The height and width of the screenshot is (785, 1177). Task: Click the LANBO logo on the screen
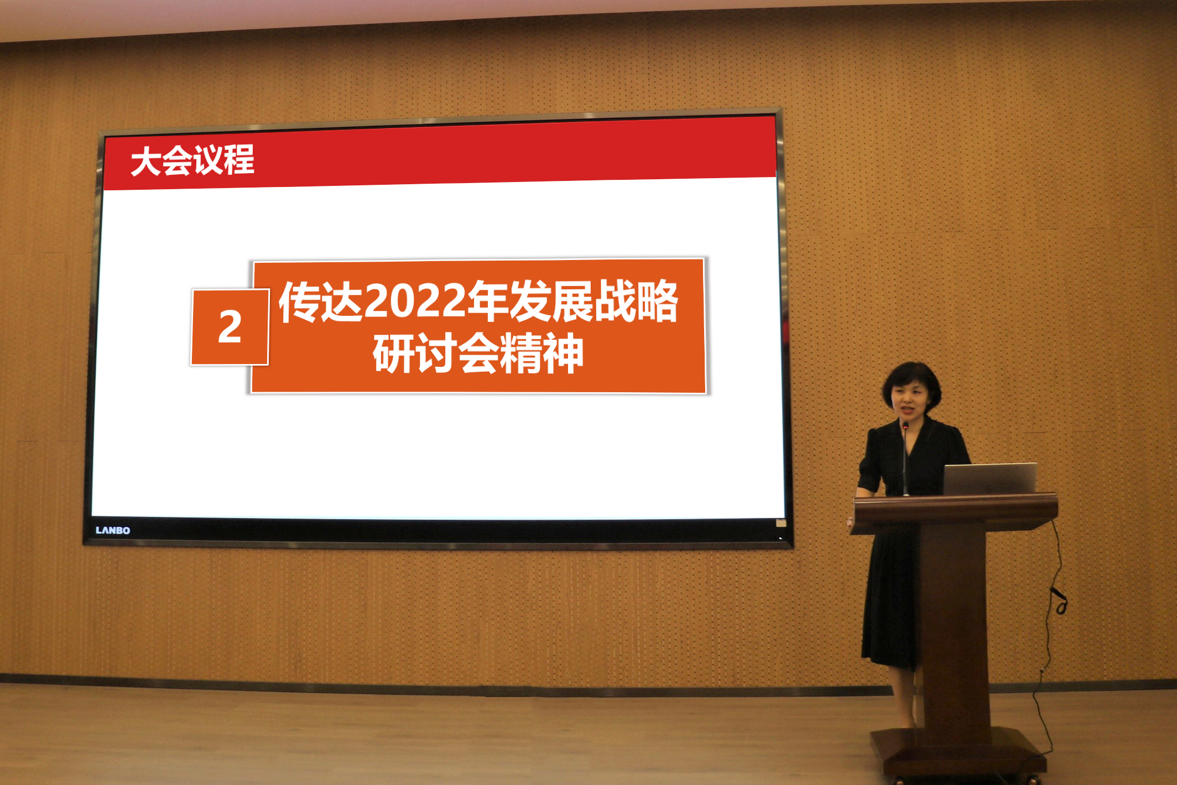113,530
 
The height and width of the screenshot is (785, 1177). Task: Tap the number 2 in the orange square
230,326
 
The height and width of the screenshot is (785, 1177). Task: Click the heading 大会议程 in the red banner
192,160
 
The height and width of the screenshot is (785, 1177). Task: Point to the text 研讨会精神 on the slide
478,353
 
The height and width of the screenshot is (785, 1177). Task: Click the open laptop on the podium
990,479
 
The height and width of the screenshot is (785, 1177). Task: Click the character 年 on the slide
488,301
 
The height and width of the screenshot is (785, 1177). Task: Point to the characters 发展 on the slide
551,301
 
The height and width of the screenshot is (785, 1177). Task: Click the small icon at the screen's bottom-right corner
781,523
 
